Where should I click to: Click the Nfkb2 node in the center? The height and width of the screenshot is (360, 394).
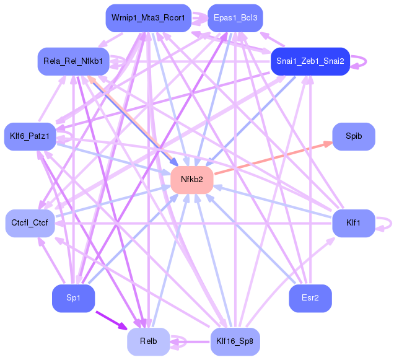(192, 180)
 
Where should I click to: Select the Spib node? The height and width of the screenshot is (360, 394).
(354, 136)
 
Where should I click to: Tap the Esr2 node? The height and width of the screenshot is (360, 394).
(310, 298)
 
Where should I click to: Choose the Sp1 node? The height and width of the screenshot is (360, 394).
(73, 298)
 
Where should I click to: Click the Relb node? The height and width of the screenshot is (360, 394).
(149, 341)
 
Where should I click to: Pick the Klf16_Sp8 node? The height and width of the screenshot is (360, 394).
(235, 341)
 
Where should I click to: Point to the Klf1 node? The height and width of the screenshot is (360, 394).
(354, 223)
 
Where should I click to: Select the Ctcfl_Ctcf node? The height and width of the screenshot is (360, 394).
(30, 223)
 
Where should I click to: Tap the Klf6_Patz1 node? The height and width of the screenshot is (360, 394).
(30, 136)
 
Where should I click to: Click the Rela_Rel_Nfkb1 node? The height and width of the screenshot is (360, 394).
(73, 61)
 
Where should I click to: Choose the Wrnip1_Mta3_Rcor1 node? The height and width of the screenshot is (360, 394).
(149, 18)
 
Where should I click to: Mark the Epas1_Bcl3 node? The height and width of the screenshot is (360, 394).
(235, 18)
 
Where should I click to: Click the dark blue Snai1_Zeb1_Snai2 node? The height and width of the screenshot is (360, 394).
(310, 61)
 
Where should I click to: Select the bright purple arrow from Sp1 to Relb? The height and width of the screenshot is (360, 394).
(112, 320)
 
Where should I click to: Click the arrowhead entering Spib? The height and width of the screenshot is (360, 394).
(328, 144)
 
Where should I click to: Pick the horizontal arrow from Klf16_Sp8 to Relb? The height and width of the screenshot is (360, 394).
(190, 341)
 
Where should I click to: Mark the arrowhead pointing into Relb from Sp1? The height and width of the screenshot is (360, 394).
(124, 327)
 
